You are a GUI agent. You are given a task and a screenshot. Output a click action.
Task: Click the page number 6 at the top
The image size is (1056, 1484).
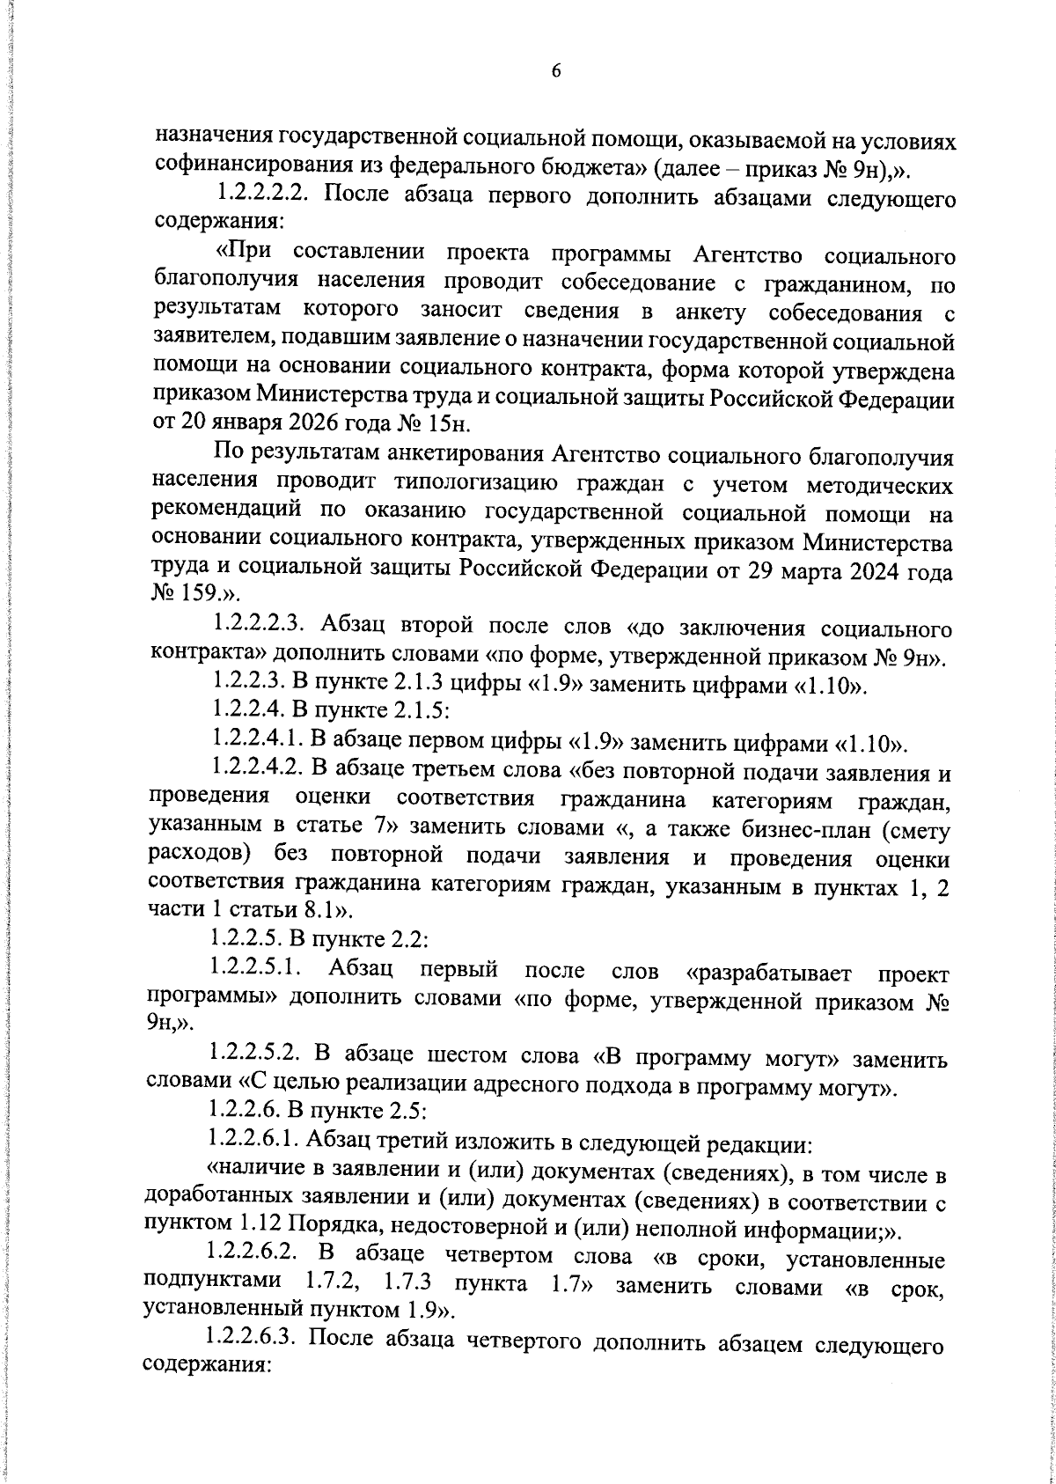click(x=555, y=72)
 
